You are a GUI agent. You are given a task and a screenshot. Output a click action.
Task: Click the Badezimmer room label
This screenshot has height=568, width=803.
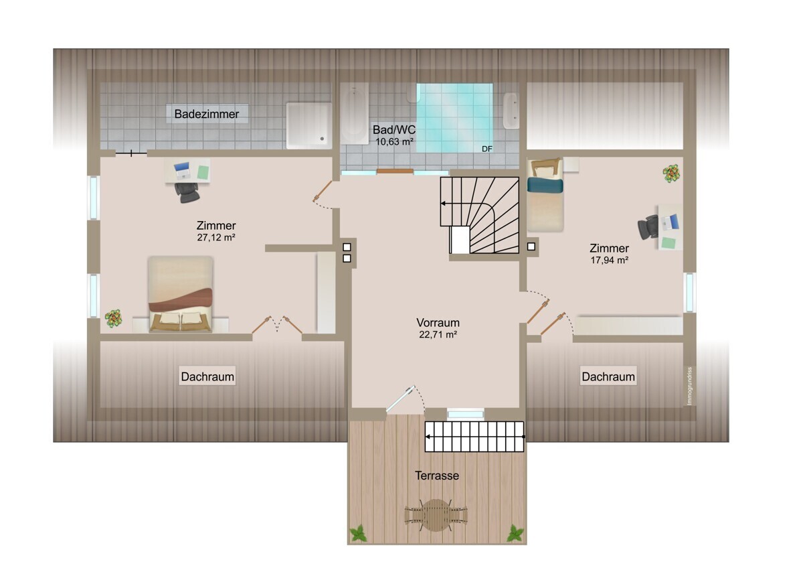coord(207,114)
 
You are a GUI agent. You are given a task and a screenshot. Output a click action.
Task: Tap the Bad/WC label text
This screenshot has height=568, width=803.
coord(394,129)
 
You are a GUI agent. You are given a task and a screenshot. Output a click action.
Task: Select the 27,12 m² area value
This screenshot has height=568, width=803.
coord(215,237)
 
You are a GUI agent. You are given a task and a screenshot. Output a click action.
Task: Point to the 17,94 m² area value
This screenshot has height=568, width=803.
coord(609,260)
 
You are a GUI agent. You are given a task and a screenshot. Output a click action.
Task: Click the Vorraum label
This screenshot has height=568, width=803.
coord(438,322)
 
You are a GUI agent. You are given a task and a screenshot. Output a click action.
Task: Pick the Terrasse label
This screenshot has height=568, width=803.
coord(436,476)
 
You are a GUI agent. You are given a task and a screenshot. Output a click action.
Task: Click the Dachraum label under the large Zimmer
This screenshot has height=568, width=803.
coord(207,376)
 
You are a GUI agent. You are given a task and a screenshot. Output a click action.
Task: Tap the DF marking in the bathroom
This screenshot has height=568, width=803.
coord(487,149)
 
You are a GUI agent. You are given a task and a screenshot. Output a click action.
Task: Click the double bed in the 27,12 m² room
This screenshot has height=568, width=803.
coord(181,293)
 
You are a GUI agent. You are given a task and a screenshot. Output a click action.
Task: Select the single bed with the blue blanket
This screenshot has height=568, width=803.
coord(545,196)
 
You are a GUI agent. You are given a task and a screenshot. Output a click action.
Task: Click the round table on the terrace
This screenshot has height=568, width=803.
coord(436,515)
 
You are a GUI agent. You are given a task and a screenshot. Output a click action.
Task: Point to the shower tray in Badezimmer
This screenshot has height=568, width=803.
coord(308,125)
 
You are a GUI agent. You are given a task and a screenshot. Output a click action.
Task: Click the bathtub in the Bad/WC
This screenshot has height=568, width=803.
coord(354,114)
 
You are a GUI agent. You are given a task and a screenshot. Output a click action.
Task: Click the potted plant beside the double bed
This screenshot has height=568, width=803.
coord(113,318)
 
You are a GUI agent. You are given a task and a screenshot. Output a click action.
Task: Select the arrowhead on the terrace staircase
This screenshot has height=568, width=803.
coord(428,437)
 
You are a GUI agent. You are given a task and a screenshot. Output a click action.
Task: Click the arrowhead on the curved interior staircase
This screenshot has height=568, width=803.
coord(443,204)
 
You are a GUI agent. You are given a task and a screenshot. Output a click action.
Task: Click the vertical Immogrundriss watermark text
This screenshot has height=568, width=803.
coord(690,386)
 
